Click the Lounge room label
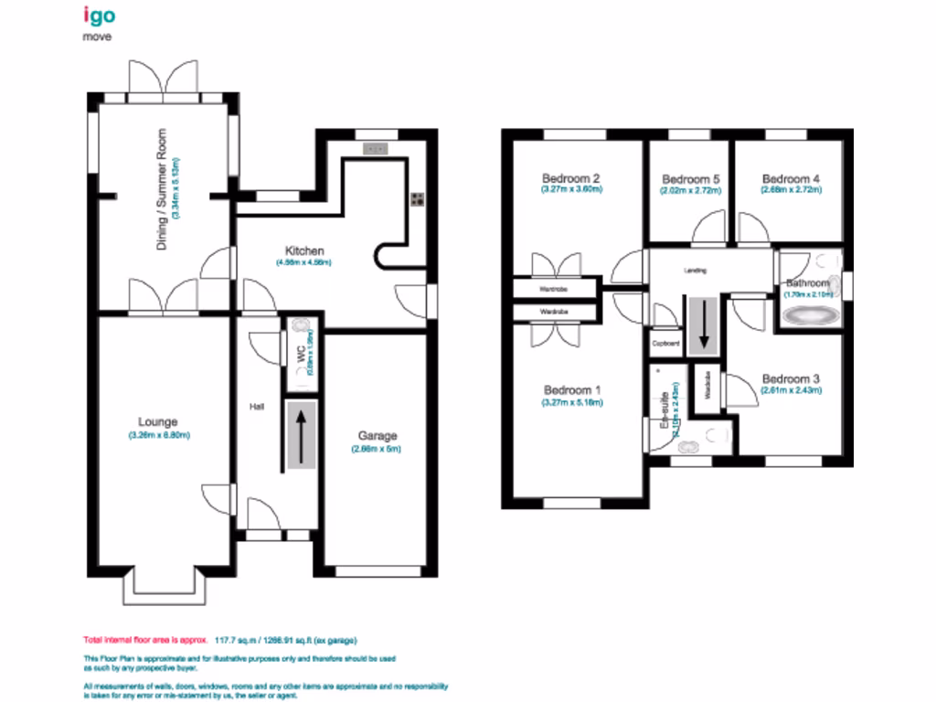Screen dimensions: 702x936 pyautogui.click(x=157, y=422)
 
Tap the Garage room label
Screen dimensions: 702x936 pyautogui.click(x=377, y=436)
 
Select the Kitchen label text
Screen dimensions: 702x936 pyautogui.click(x=304, y=250)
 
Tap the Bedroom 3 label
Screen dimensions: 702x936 pyautogui.click(x=791, y=378)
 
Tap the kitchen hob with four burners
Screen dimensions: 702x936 pyautogui.click(x=417, y=200)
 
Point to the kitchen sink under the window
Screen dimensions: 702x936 pyautogui.click(x=374, y=149)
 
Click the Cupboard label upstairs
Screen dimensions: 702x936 pyautogui.click(x=665, y=344)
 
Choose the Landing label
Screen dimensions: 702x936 pyautogui.click(x=696, y=271)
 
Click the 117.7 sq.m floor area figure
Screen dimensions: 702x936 pyautogui.click(x=232, y=640)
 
